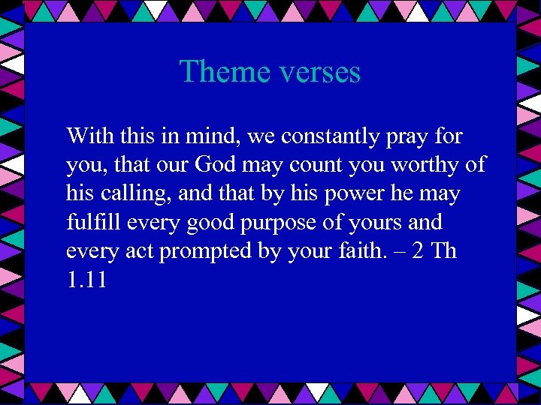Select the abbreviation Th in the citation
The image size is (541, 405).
(444, 251)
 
